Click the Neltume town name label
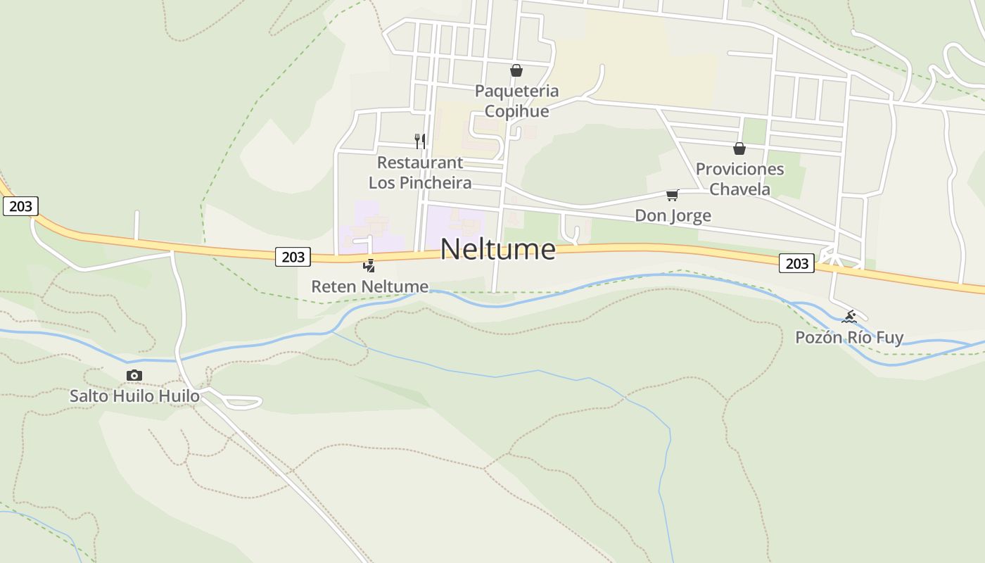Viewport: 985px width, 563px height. click(498, 249)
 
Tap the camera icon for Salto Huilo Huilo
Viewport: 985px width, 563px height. click(134, 376)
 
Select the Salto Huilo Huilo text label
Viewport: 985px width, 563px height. click(134, 396)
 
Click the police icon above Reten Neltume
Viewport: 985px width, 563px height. click(369, 265)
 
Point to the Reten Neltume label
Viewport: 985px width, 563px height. click(370, 286)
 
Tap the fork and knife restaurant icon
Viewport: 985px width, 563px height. click(420, 141)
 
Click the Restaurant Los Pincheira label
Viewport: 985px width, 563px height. click(420, 172)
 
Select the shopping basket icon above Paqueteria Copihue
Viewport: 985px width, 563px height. click(516, 70)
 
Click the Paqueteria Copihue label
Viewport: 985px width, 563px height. click(516, 101)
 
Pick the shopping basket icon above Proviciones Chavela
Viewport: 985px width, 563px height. click(739, 148)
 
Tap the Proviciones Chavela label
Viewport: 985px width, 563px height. click(739, 179)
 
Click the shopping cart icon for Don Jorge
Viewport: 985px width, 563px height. click(673, 195)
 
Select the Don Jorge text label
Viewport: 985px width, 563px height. click(673, 215)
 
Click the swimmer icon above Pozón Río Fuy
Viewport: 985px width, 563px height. click(849, 317)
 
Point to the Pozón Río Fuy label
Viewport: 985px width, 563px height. click(849, 337)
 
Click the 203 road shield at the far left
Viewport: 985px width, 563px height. click(20, 206)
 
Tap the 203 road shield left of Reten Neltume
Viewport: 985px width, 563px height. click(293, 257)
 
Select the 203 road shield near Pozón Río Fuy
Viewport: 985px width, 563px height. click(796, 263)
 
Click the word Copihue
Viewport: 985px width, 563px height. click(516, 111)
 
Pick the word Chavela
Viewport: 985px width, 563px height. click(739, 189)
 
